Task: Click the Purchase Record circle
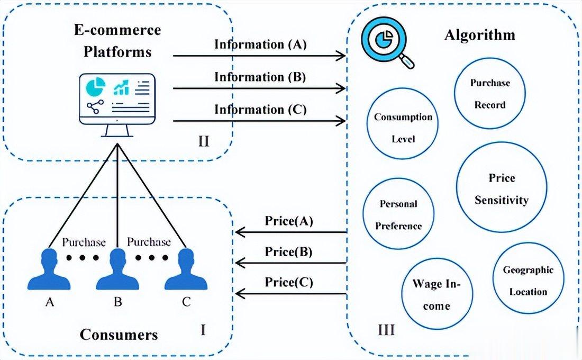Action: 489,94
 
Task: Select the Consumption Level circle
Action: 403,128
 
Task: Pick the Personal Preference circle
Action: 398,214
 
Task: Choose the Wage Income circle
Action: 437,295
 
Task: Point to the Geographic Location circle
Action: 528,280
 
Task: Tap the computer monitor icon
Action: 117,102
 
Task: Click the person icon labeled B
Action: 117,269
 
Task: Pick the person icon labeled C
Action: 185,269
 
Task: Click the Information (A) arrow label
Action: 260,44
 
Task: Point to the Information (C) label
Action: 260,110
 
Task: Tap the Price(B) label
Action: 288,252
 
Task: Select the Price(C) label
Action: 288,282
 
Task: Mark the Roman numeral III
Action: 386,331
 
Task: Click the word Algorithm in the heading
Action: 479,35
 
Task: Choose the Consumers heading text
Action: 119,335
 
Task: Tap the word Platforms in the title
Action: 117,51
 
